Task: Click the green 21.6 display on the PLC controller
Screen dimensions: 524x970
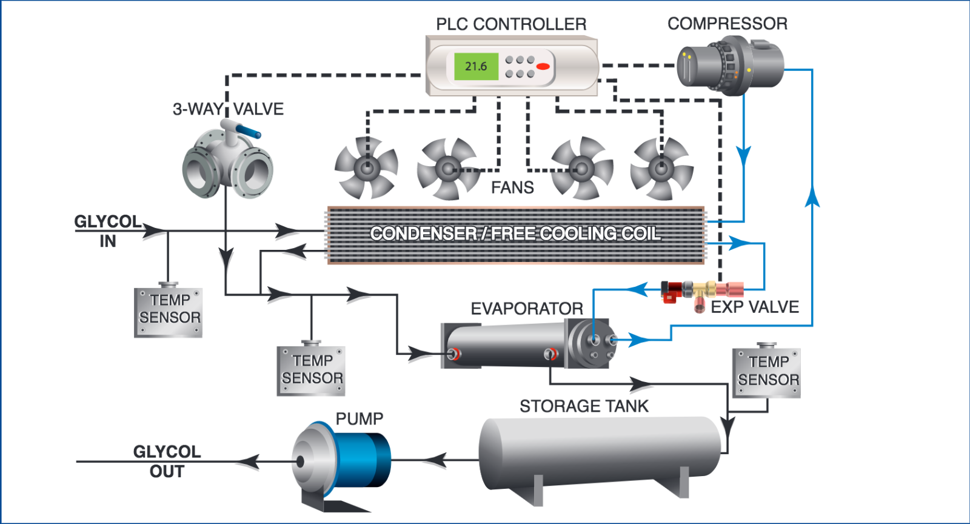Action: [476, 67]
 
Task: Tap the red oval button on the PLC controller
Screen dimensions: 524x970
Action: [543, 67]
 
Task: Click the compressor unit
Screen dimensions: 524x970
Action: [730, 65]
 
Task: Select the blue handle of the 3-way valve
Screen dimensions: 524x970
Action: [249, 132]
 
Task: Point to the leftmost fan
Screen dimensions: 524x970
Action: [366, 168]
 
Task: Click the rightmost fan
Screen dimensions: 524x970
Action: [661, 169]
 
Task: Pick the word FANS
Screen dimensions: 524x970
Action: [512, 188]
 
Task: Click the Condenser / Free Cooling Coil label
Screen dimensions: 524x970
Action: [515, 234]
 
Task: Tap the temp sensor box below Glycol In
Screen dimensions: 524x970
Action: [169, 312]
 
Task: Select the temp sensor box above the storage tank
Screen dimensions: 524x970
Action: [767, 373]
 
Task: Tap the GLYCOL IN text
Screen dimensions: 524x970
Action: [107, 231]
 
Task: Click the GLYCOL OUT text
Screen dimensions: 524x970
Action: [167, 462]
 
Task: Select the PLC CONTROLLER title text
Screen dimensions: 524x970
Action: [511, 24]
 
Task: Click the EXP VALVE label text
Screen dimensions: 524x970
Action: [755, 307]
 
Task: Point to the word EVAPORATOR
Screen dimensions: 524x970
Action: [527, 309]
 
